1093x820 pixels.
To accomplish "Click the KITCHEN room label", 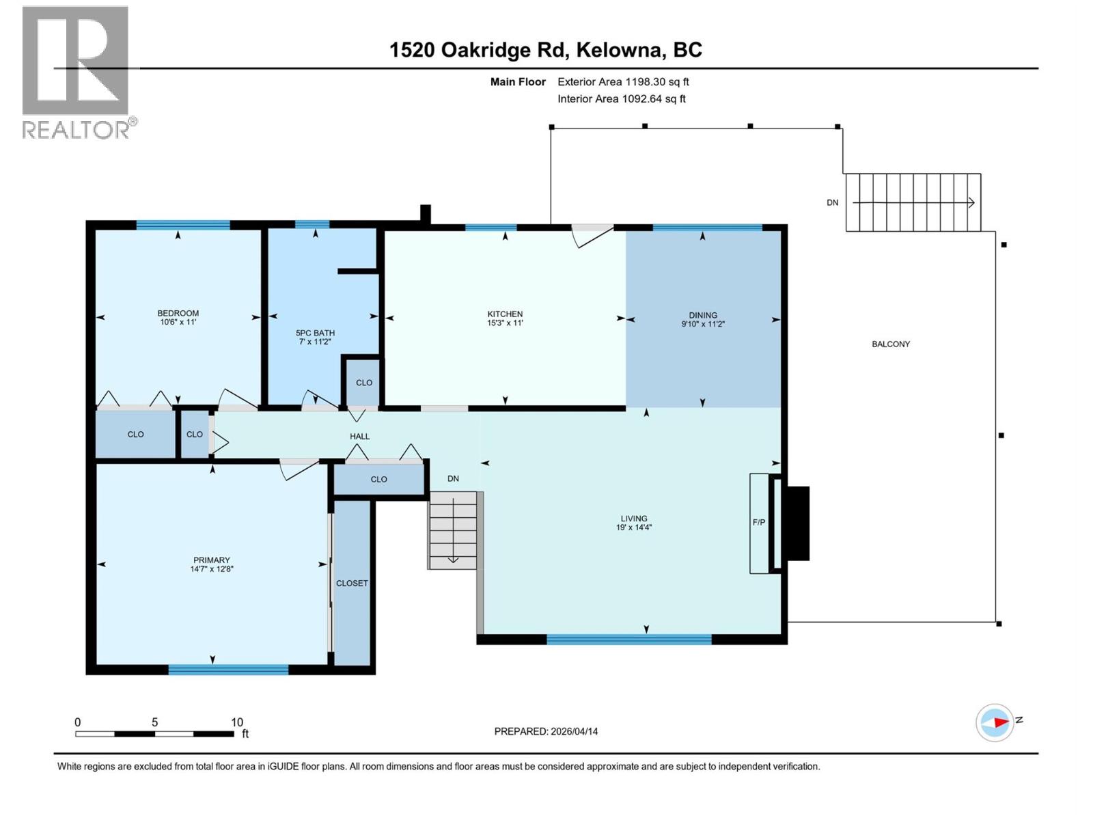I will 505,314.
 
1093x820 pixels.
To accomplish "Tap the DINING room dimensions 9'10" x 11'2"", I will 702,325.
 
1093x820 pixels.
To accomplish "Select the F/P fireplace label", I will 758,522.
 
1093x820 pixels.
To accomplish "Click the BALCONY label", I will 890,344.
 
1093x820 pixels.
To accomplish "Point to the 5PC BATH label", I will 315,333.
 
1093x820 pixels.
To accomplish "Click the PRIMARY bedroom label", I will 212,560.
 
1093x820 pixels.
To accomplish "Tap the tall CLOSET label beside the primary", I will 352,583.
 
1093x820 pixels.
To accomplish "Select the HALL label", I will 359,436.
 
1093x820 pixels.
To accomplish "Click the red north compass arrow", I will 1001,722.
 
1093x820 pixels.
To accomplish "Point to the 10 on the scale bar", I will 236,722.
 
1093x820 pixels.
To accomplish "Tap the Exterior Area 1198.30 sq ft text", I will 622,82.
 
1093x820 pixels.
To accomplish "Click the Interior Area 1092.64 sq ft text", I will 621,99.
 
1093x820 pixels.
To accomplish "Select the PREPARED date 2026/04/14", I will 546,731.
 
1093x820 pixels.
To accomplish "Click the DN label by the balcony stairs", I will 832,203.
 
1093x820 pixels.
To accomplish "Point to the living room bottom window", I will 628,640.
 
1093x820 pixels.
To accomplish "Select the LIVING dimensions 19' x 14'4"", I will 633,528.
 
